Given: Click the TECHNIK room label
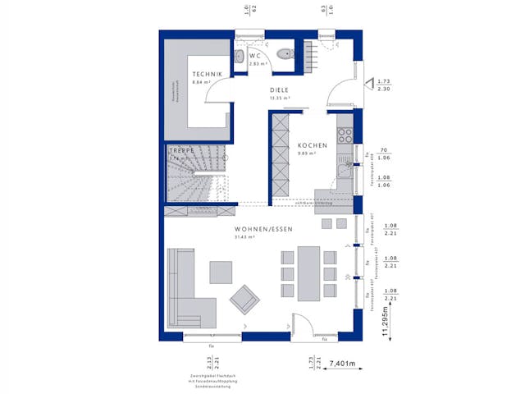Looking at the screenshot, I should coord(185,75).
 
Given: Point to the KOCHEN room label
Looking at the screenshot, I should coord(313,145).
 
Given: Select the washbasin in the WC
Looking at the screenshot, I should coord(238,56).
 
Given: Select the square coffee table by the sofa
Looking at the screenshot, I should coord(221,271).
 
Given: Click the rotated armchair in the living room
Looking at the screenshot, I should coord(244,298).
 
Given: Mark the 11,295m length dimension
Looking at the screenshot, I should coord(386,316).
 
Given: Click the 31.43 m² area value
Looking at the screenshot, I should coord(245,237).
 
